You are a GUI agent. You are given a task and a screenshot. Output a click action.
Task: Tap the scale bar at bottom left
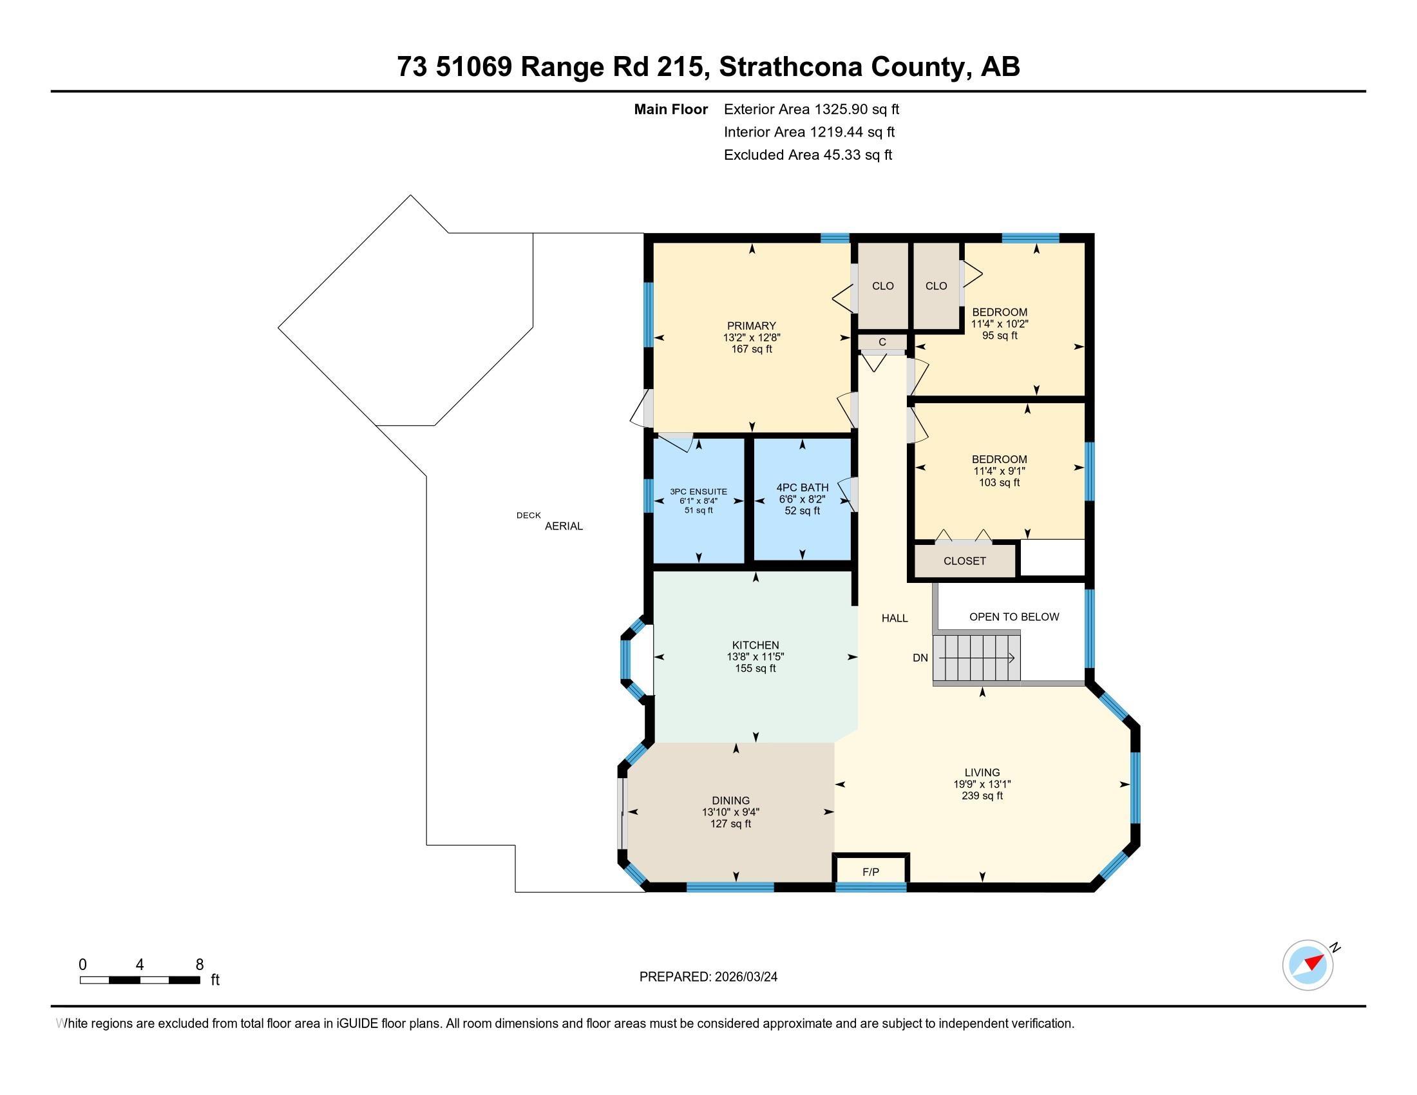[140, 980]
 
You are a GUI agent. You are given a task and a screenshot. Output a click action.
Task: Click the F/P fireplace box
[871, 872]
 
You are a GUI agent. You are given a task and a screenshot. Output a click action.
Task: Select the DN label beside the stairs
[920, 658]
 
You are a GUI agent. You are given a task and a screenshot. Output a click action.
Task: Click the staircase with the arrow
[976, 658]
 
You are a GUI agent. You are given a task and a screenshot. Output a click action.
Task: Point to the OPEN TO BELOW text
[1013, 617]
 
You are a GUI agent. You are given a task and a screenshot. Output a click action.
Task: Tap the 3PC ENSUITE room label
[699, 491]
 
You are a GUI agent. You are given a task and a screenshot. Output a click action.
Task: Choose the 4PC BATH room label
[803, 487]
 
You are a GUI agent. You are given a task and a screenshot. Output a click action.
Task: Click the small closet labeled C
[882, 342]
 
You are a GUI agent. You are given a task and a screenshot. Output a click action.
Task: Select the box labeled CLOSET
[964, 561]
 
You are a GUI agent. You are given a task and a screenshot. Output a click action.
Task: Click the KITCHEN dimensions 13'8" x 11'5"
[756, 656]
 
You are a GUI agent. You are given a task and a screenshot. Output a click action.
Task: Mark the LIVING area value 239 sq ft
[982, 795]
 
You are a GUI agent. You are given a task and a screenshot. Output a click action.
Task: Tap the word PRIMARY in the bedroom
[751, 326]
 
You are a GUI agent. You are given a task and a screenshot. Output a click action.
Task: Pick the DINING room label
[730, 801]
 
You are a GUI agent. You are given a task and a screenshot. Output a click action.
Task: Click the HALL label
[894, 618]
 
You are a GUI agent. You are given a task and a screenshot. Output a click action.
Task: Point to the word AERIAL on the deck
[563, 526]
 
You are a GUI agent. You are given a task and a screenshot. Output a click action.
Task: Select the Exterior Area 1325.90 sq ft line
[811, 109]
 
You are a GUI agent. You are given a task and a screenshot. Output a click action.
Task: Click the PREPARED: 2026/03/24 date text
[708, 977]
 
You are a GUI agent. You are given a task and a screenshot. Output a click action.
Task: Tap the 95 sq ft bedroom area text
[999, 336]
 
